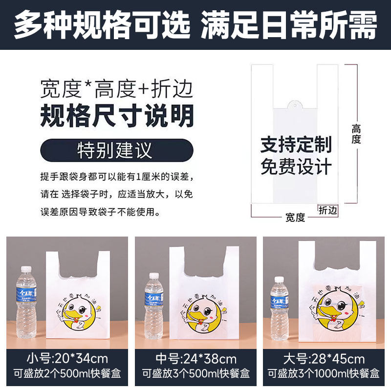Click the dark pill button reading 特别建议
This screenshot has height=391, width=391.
[117, 151]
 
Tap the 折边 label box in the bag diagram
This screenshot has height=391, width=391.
[327, 211]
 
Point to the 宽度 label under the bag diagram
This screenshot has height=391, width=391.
[295, 217]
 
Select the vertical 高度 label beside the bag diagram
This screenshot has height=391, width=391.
[356, 134]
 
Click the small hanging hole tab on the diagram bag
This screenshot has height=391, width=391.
[295, 105]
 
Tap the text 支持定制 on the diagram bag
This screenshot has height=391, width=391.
[296, 144]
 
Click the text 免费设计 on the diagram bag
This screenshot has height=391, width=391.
[296, 166]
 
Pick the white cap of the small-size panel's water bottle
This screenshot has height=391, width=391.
[26, 269]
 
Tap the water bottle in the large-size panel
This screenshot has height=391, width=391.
[280, 309]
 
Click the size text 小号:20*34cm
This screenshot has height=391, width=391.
[67, 359]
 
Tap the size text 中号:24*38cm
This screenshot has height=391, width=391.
[196, 359]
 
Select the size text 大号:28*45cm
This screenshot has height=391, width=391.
[324, 359]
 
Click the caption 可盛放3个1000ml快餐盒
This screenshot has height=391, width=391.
[324, 373]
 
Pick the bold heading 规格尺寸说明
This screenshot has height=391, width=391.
[117, 115]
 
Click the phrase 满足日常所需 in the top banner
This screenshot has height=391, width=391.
[289, 25]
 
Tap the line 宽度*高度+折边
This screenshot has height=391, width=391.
[116, 89]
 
